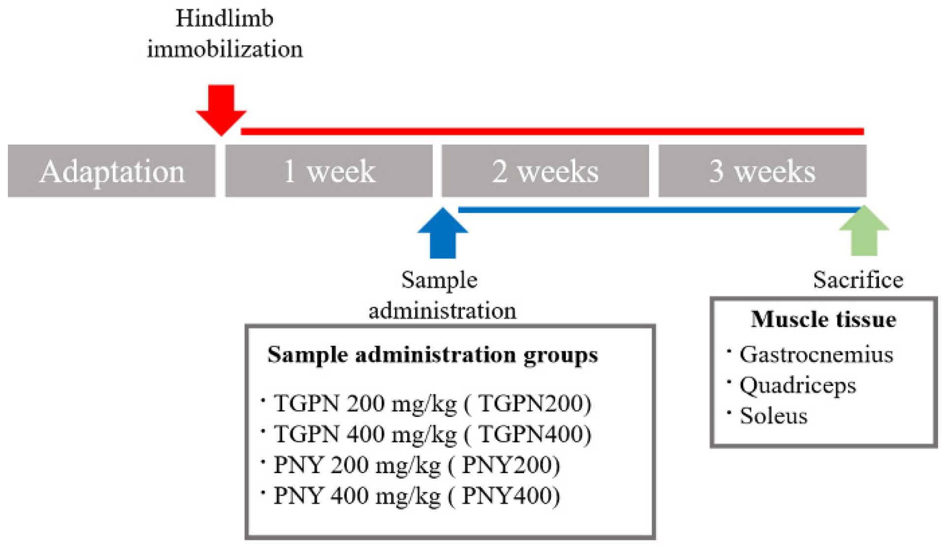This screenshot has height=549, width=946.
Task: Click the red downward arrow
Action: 221,108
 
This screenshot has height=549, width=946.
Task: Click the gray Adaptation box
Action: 112,171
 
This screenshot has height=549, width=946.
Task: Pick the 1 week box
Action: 329,171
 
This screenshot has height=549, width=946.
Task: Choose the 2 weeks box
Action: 545,171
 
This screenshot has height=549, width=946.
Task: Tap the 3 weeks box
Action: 762,171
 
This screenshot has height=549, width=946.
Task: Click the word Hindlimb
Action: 224,19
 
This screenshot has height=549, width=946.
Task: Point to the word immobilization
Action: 225,49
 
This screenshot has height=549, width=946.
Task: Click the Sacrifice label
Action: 858,280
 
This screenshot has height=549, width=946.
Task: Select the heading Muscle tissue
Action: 823,319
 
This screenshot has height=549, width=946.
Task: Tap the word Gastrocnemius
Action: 816,355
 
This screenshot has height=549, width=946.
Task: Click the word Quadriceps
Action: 797,385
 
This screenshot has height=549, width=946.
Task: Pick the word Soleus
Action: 773,416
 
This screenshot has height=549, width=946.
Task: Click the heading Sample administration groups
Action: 432,355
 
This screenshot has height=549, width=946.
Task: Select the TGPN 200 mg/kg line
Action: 364,403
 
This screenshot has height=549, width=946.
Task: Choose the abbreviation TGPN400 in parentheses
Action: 534,434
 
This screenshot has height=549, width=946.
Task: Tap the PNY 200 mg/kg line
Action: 357,465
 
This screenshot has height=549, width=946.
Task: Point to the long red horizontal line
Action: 552,131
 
